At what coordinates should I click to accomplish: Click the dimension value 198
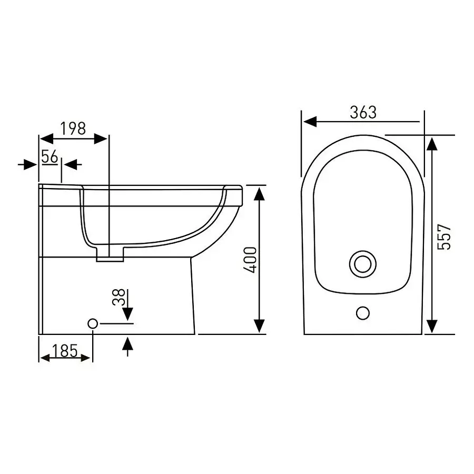[73, 129]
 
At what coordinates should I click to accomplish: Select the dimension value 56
[50, 157]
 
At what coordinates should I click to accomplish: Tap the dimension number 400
[250, 260]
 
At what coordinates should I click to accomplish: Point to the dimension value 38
[118, 297]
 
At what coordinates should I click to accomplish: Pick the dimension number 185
[65, 351]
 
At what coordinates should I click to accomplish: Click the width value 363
[363, 113]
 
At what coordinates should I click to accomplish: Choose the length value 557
[444, 236]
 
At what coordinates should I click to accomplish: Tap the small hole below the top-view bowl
[363, 313]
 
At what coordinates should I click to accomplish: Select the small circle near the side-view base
[93, 324]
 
